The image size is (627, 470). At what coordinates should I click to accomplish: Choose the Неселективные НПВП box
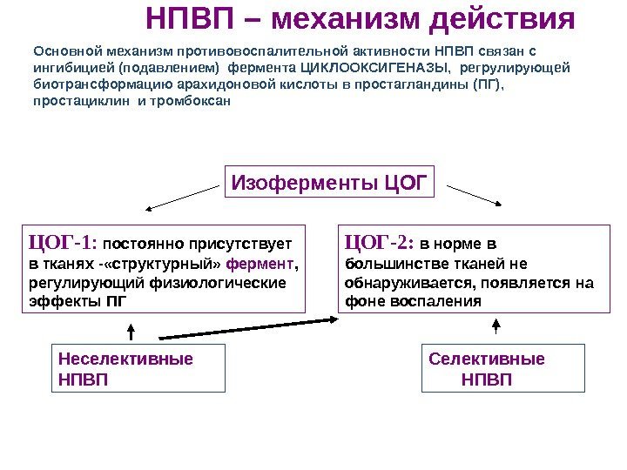click(139, 369)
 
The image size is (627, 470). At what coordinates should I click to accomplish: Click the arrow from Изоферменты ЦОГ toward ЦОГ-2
click(472, 193)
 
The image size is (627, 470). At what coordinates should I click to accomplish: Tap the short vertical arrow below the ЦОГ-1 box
click(131, 332)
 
